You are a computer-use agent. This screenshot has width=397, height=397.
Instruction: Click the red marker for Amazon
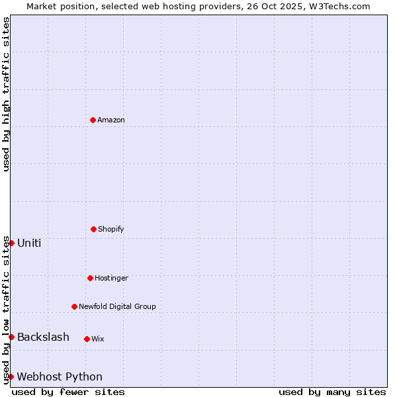click(x=93, y=120)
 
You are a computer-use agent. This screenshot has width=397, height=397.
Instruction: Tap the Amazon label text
click(x=111, y=120)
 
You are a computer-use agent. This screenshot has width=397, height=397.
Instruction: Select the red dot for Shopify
click(x=93, y=229)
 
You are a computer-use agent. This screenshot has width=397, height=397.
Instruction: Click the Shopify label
click(x=111, y=229)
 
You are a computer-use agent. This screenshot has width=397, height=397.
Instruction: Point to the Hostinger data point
click(x=90, y=278)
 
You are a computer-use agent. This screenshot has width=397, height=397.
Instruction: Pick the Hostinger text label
click(x=111, y=278)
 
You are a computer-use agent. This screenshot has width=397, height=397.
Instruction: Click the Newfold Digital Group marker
click(x=74, y=306)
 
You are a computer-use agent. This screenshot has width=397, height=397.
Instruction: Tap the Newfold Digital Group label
click(x=117, y=306)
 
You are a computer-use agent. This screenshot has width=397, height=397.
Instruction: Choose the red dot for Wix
click(x=87, y=339)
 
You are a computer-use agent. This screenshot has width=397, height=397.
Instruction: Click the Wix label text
click(x=98, y=339)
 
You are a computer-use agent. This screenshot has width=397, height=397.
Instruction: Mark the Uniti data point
click(x=11, y=243)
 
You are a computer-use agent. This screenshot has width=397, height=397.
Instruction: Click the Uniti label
click(x=29, y=243)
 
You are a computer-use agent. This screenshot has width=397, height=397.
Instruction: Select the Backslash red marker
click(x=11, y=337)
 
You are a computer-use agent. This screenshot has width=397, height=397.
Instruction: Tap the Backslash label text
click(x=43, y=337)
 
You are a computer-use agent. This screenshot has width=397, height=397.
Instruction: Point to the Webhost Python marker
click(x=11, y=376)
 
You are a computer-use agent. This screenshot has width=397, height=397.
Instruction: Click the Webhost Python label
click(x=60, y=376)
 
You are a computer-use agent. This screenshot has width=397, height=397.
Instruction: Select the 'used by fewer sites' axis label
click(x=68, y=392)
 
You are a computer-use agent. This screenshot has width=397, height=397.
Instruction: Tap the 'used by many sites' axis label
click(x=332, y=392)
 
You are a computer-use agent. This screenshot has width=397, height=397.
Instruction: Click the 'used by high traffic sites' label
click(x=6, y=94)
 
